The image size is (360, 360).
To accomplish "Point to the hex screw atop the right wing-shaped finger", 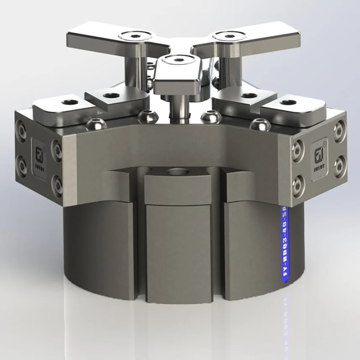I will click(x=229, y=36).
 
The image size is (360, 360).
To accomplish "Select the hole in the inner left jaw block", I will click(x=110, y=95).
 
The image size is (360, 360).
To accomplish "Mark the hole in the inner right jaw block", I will click(x=249, y=95).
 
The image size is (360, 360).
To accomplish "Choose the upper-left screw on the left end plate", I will click(x=21, y=130).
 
